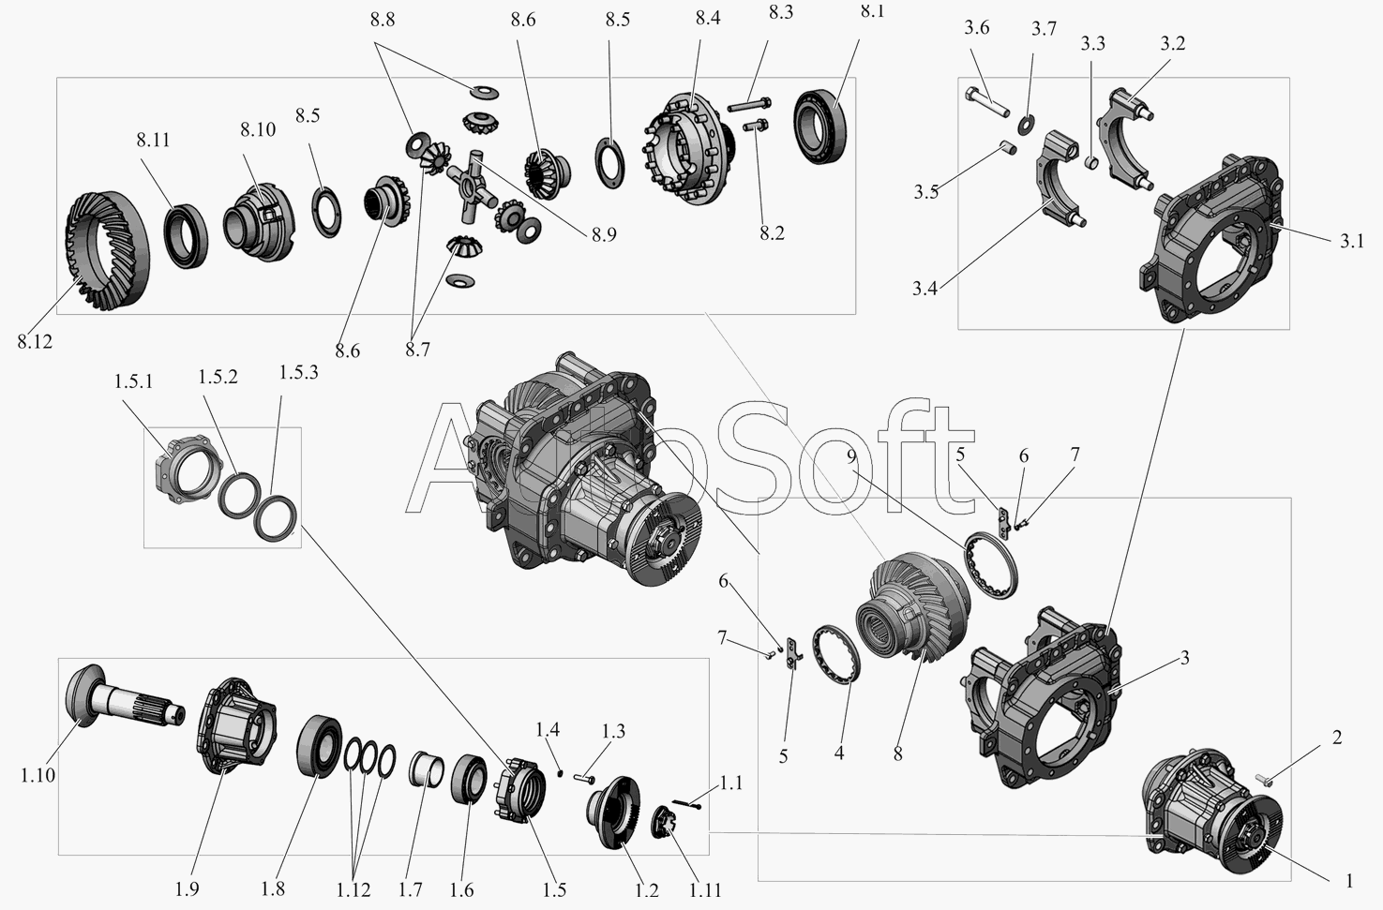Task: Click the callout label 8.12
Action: tap(36, 341)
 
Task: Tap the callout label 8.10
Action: tap(258, 129)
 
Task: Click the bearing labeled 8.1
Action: tap(819, 127)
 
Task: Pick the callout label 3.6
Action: tap(977, 28)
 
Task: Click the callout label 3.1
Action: tap(1351, 241)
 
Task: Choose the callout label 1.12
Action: tap(353, 889)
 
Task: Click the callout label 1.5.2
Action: tap(218, 377)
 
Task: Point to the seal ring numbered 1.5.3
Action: tap(277, 518)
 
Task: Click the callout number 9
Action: tap(852, 456)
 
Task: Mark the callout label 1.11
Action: tap(705, 889)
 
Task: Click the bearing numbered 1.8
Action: tap(319, 745)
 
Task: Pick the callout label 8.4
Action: tap(708, 19)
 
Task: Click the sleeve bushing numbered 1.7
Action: tap(427, 768)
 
